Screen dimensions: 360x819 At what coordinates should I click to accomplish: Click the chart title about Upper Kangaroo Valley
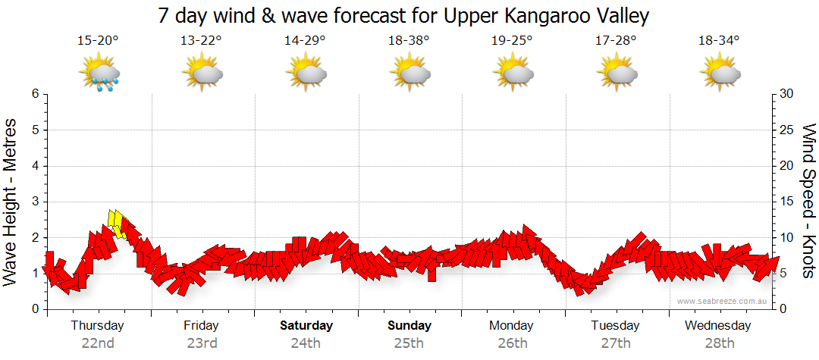point(404,15)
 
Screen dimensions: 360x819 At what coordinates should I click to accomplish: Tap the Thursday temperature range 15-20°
point(98,41)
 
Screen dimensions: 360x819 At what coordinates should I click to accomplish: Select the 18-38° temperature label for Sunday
point(409,41)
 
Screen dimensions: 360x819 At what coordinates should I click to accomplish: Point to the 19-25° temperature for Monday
point(512,41)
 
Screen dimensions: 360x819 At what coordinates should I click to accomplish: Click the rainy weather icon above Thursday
point(100,74)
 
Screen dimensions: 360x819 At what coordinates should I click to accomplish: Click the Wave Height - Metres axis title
point(11,202)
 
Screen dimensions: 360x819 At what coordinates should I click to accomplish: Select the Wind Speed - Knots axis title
point(808,202)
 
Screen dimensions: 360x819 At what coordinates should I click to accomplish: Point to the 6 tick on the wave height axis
point(35,94)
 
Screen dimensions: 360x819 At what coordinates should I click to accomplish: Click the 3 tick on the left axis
point(35,202)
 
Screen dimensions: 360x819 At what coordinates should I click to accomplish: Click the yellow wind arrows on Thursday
point(118,224)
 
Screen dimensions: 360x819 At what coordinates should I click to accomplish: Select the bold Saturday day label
point(306,326)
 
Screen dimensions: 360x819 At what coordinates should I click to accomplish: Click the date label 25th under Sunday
point(409,343)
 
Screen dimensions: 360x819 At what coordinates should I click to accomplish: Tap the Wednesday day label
point(717,326)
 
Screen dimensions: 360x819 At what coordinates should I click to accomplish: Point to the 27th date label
point(615,343)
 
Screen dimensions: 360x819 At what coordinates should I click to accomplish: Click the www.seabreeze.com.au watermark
point(723,301)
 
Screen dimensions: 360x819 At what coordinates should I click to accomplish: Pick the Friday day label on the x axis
point(201,326)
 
